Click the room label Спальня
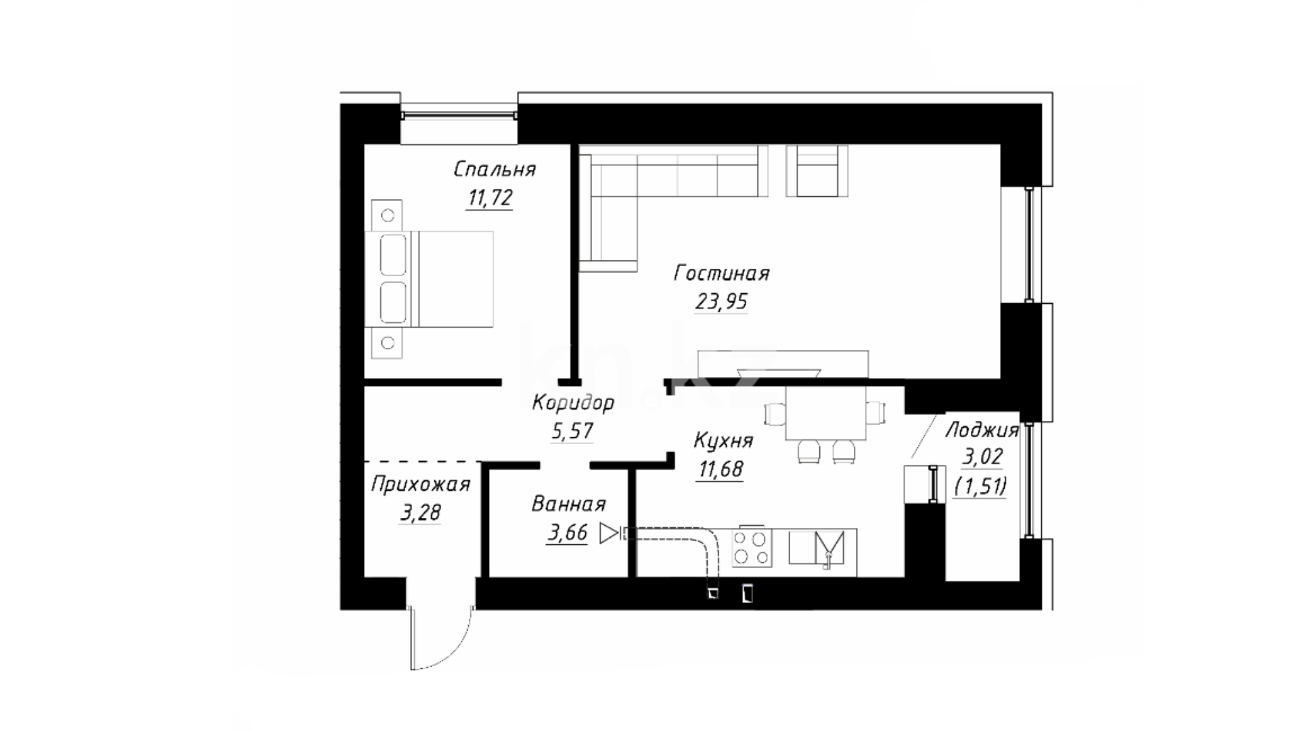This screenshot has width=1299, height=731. point(495,169)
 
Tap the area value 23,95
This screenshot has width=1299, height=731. point(721,301)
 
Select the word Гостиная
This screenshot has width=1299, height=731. point(722,273)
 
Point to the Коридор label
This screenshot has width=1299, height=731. point(573,403)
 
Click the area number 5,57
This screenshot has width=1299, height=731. point(572,430)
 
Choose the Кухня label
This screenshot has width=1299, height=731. point(723,441)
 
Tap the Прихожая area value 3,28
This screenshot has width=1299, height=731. point(420,512)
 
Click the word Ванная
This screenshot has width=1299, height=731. point(568,504)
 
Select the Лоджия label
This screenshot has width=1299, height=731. point(982,430)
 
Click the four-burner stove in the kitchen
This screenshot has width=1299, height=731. point(752,548)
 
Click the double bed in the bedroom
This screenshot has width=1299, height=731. point(429,280)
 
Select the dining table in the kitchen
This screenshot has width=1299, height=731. point(826,413)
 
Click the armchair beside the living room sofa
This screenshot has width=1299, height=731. point(817,171)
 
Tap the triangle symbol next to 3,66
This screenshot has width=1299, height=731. point(609,533)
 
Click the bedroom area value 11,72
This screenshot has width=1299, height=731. point(490,198)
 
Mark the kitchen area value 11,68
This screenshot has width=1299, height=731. point(721,468)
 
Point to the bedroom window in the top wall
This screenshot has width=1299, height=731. point(459,114)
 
